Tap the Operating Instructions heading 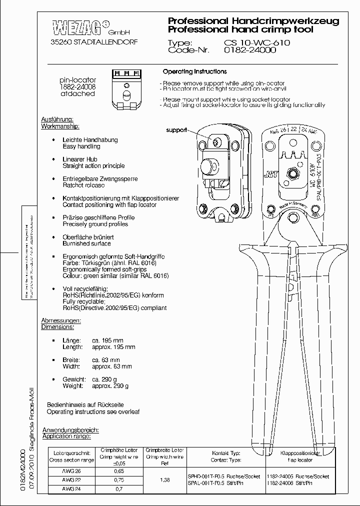(x=194, y=71)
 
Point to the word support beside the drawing (x=176, y=130)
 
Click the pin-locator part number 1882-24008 (x=77, y=86)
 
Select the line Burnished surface (x=87, y=243)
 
